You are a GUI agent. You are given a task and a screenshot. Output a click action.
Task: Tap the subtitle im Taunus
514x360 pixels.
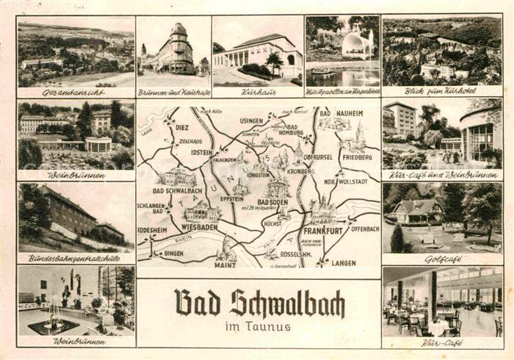258,326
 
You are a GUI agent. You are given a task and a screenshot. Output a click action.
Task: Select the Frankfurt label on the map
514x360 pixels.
325,229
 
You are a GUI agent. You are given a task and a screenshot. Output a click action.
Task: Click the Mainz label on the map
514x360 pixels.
225,259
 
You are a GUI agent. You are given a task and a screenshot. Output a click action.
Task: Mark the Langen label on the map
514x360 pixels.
343,262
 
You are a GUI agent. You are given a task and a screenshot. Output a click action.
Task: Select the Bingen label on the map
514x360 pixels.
173,253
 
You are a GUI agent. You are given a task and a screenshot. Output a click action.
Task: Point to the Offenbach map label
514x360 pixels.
364,229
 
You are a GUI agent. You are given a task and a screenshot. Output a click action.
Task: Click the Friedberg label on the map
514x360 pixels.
357,157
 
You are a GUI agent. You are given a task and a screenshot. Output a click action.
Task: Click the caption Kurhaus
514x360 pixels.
257,93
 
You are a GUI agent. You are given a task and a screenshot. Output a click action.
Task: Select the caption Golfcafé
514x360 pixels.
443,259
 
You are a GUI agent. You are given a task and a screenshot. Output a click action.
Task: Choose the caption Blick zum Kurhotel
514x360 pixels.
443,93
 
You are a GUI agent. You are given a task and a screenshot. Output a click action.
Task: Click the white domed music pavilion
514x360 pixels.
356,46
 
